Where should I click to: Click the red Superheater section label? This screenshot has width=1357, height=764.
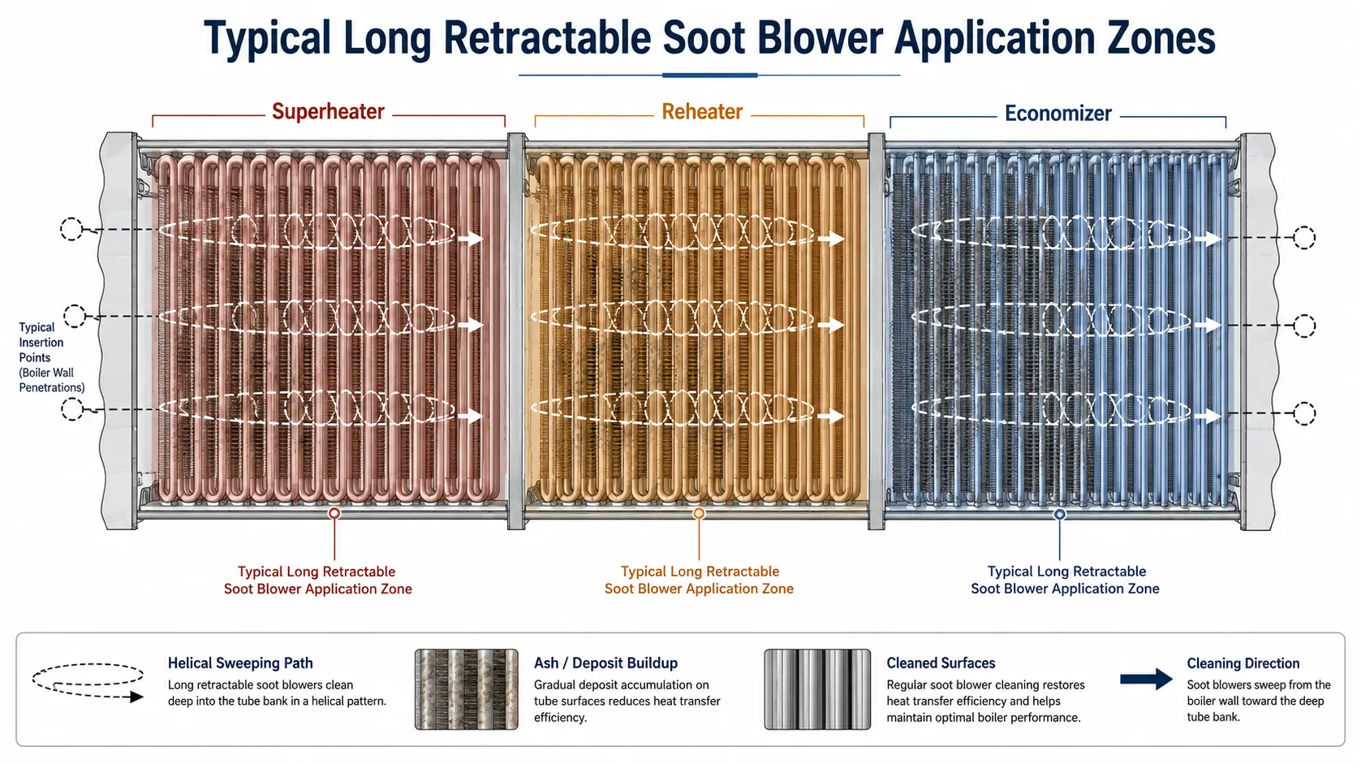point(328,111)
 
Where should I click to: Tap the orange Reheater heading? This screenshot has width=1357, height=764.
point(701,111)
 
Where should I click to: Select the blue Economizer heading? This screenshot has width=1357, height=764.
point(1058,114)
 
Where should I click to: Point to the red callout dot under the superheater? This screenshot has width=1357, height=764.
point(334,514)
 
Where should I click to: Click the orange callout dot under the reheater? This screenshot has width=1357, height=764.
point(699,514)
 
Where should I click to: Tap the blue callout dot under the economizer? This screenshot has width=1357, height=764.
point(1059,515)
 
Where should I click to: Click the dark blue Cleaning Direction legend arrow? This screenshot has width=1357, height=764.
point(1146,680)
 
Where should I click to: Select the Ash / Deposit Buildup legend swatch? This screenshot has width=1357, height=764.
point(466,689)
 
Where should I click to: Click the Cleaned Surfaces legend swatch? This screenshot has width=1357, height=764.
point(817,689)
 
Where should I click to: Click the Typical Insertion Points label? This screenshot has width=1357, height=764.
point(51,357)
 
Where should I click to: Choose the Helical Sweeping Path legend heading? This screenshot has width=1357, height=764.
point(240,663)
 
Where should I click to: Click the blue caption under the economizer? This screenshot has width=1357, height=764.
point(1065,580)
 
